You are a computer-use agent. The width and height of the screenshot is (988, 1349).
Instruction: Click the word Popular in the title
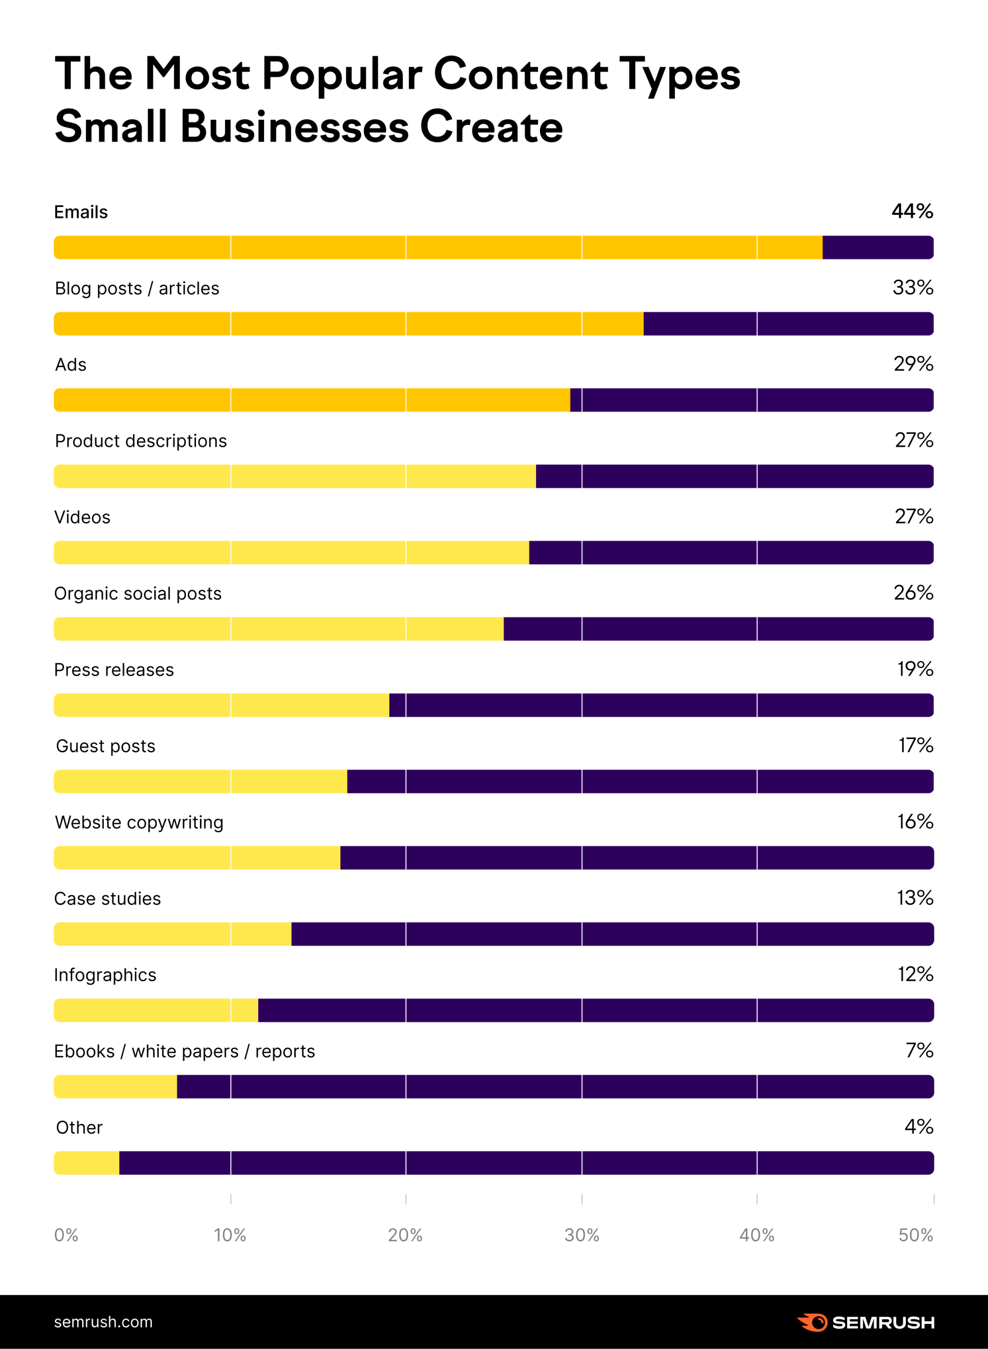point(341,74)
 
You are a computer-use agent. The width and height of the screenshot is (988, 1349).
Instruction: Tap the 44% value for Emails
point(912,212)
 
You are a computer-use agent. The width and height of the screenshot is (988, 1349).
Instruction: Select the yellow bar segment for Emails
point(438,247)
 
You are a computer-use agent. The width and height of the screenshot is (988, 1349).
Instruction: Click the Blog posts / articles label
point(137,288)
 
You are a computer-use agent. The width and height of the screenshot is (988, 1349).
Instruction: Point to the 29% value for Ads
point(913,364)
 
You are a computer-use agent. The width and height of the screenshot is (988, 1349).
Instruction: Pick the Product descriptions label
point(140,441)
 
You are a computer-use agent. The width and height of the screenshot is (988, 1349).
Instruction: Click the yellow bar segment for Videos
point(291,553)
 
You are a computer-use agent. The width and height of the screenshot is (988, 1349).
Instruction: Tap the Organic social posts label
point(137,593)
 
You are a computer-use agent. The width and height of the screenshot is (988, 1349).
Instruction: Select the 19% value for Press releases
point(915,669)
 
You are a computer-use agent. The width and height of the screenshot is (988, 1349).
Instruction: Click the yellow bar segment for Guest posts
point(201,782)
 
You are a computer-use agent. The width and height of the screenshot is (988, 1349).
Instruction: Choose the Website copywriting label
point(139,822)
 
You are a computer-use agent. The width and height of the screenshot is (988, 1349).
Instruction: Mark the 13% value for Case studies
point(915,898)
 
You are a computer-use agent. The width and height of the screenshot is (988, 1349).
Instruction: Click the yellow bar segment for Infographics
point(156,1011)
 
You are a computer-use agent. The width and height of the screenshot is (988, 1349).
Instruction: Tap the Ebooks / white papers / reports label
point(184,1051)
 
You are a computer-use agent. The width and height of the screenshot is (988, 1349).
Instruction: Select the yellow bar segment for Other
point(87,1163)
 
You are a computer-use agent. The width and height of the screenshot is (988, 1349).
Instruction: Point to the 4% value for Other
point(919,1127)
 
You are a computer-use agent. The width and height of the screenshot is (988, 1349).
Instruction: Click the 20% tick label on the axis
point(405,1236)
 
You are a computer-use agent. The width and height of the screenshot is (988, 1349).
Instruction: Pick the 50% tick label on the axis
point(916,1236)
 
